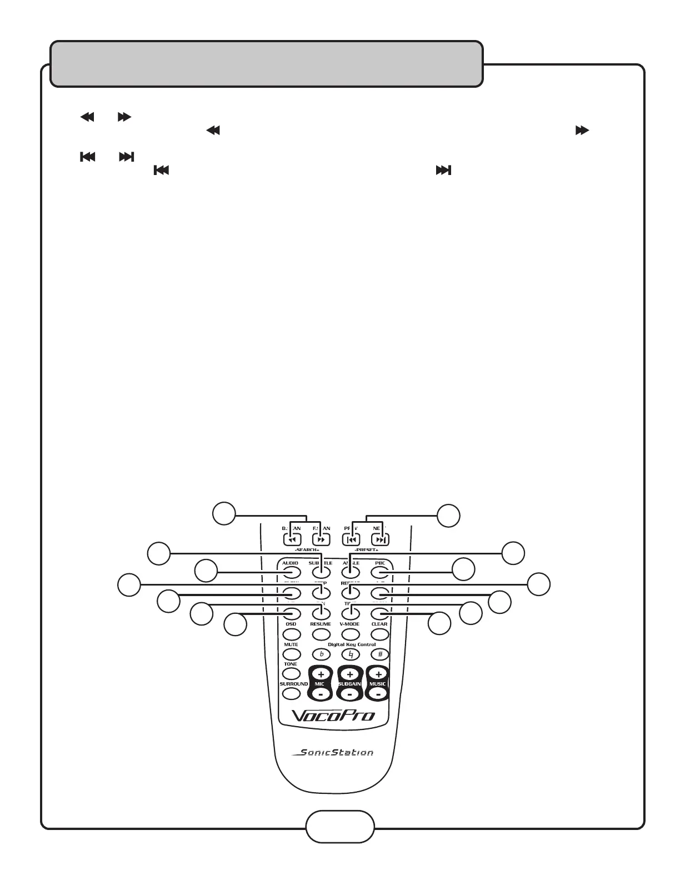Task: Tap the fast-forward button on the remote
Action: click(321, 539)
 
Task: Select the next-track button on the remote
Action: click(380, 539)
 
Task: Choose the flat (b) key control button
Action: click(321, 654)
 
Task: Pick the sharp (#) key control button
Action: click(380, 654)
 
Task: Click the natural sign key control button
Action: click(350, 654)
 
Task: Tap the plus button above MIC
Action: click(321, 674)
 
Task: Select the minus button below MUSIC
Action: click(378, 694)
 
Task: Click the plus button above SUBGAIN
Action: click(350, 674)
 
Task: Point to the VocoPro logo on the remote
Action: click(333, 715)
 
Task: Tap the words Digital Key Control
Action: click(351, 644)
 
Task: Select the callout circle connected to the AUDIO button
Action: click(206, 572)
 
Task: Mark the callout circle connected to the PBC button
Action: click(463, 570)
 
